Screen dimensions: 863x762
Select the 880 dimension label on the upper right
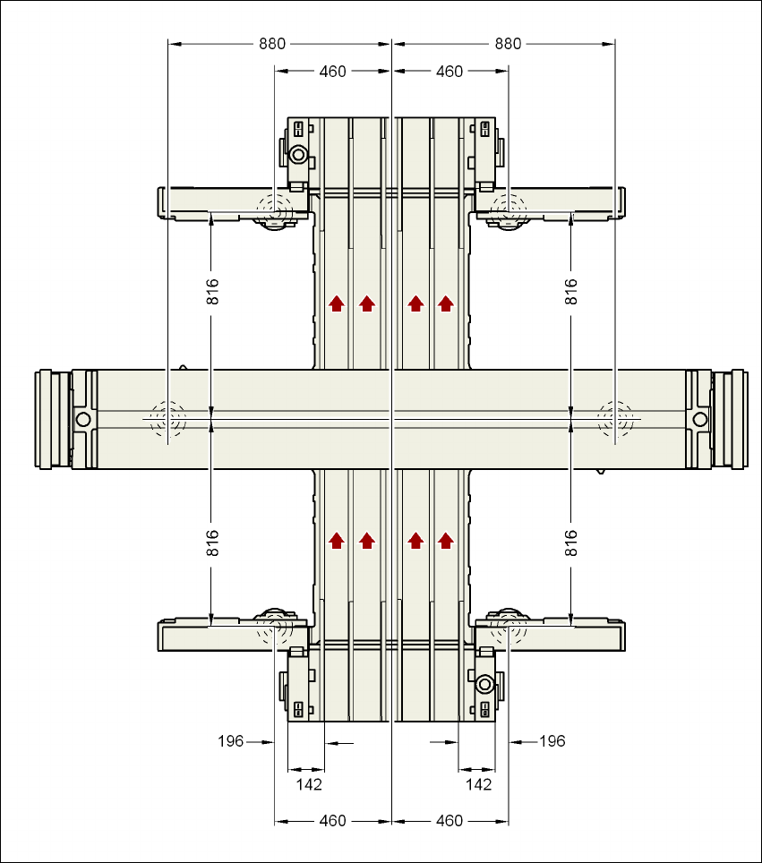[508, 44]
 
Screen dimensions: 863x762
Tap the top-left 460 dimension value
[332, 72]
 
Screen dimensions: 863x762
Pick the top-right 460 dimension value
[449, 72]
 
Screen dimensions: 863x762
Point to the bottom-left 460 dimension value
[332, 821]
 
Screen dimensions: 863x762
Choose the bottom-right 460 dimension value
[449, 821]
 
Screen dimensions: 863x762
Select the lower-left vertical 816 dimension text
[212, 544]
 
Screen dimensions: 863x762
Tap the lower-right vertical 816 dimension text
[571, 544]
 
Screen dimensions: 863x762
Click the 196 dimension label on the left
[231, 741]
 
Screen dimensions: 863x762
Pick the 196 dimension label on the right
[552, 741]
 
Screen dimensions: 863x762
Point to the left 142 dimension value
[308, 784]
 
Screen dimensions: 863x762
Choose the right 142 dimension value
[480, 784]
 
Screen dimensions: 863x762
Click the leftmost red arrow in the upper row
[337, 303]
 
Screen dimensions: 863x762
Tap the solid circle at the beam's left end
[83, 419]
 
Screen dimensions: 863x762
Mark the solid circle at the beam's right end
[699, 419]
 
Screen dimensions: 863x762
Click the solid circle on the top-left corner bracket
[297, 155]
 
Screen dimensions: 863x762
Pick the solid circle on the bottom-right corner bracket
[484, 685]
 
